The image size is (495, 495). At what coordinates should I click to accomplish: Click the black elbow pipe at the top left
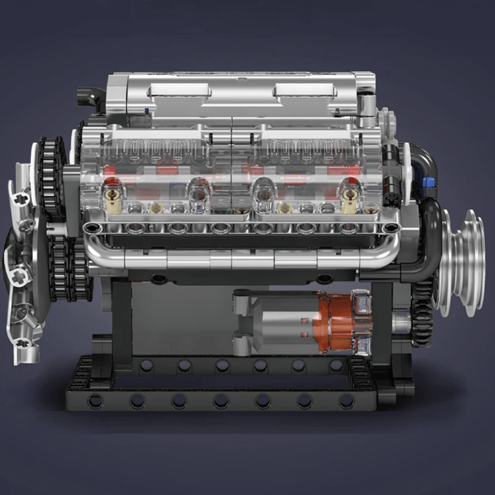click(91, 98)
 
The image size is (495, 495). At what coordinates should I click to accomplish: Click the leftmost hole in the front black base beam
click(95, 400)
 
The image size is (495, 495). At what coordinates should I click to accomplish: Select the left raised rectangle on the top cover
click(179, 91)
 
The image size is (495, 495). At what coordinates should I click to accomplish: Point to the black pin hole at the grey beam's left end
click(92, 228)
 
